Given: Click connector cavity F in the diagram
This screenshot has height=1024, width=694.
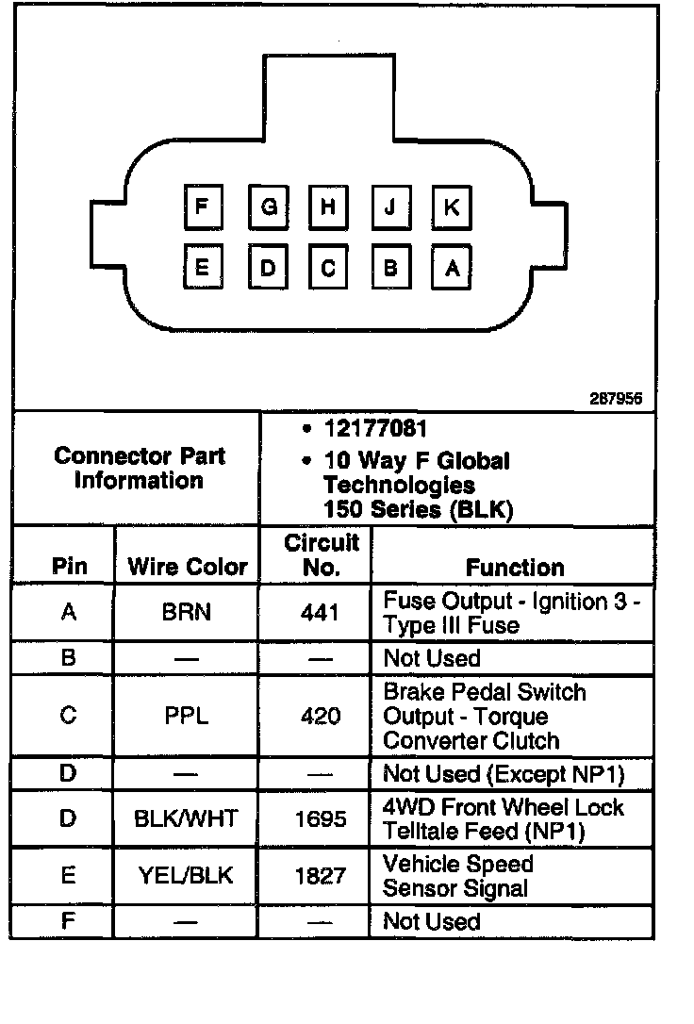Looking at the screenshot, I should pyautogui.click(x=201, y=207).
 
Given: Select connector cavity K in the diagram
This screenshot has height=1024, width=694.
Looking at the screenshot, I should pyautogui.click(x=452, y=207).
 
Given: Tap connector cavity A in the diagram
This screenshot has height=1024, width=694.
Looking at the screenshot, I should pyautogui.click(x=452, y=268).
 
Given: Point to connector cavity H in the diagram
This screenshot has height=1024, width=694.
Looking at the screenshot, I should pyautogui.click(x=327, y=207).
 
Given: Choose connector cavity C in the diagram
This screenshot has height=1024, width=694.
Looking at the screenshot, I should pyautogui.click(x=327, y=268).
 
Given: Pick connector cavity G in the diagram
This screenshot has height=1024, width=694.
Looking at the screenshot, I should pyautogui.click(x=269, y=207).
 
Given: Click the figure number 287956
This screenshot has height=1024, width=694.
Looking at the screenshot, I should pyautogui.click(x=617, y=399).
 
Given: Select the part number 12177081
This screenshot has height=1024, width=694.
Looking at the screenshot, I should pyautogui.click(x=375, y=429).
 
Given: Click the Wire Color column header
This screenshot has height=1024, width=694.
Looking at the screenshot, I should pyautogui.click(x=188, y=567).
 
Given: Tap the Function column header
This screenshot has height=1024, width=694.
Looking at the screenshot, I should pyautogui.click(x=515, y=567).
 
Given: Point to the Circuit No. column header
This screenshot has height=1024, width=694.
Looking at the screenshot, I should pyautogui.click(x=322, y=555).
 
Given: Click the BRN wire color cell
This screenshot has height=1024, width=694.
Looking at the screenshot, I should pyautogui.click(x=187, y=612).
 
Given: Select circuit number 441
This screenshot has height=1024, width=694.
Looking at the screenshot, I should pyautogui.click(x=320, y=612).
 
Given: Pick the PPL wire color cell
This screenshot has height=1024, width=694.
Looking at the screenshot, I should pyautogui.click(x=187, y=716).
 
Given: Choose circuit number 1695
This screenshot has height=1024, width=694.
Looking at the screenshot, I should pyautogui.click(x=320, y=818).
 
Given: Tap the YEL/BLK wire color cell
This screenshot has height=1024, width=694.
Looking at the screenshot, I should pyautogui.click(x=187, y=876).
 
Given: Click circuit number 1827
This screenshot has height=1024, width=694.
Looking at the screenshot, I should pyautogui.click(x=320, y=876).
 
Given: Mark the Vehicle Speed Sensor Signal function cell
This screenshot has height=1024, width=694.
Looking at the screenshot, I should pyautogui.click(x=458, y=876).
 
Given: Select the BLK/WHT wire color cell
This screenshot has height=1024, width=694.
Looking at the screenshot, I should pyautogui.click(x=187, y=818).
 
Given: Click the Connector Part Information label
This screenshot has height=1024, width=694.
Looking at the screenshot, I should pyautogui.click(x=140, y=468).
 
